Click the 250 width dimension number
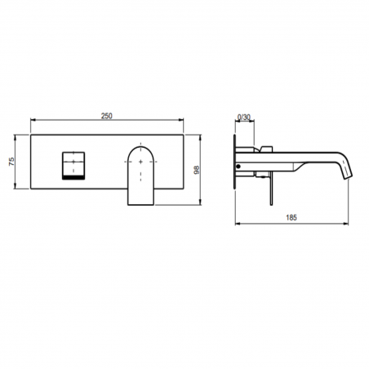pyautogui.click(x=106, y=115)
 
